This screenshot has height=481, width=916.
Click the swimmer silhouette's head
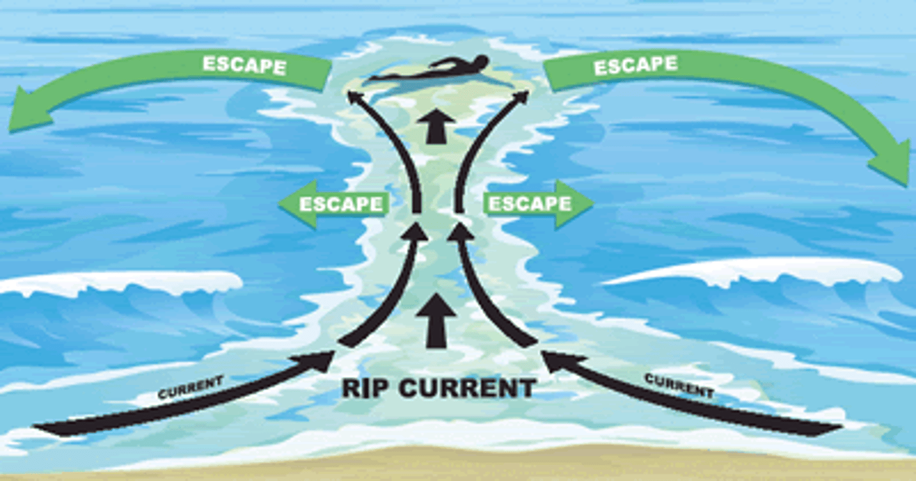point(481,62)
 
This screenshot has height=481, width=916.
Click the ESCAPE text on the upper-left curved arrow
point(244,65)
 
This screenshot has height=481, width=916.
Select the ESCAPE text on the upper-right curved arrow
point(635,65)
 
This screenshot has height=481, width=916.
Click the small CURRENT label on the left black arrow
point(191,387)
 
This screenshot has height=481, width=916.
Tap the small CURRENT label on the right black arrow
point(679,385)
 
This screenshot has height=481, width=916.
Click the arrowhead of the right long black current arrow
point(552,360)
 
